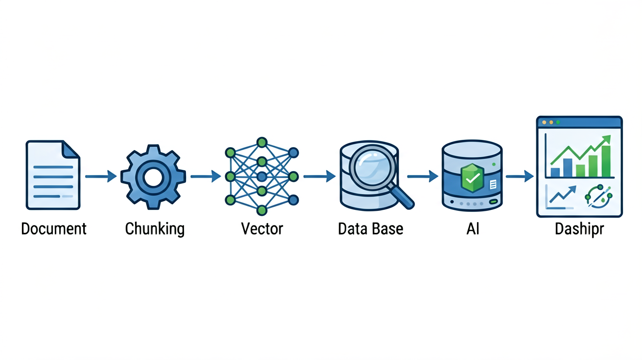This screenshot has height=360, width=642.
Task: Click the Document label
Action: [x=54, y=229]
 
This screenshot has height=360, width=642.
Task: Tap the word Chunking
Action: [x=155, y=229]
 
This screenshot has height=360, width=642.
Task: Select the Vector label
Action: [x=262, y=229]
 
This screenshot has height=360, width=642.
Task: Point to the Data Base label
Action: [x=370, y=229]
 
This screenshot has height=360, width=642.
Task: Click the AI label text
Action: [x=473, y=229]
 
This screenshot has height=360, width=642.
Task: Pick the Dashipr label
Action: [x=579, y=229]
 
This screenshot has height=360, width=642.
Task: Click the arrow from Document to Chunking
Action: [x=101, y=176]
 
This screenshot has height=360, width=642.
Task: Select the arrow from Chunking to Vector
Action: [x=206, y=176]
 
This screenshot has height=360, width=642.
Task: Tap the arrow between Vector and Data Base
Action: [x=319, y=176]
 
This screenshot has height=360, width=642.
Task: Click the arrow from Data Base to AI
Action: [x=422, y=176]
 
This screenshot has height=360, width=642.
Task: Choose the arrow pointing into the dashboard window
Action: [x=519, y=176]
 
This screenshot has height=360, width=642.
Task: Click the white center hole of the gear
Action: [x=153, y=178]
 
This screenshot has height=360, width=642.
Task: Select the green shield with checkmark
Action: [x=472, y=178]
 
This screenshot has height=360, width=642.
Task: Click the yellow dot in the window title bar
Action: [x=551, y=122]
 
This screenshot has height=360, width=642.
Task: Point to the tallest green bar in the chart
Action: [x=606, y=161]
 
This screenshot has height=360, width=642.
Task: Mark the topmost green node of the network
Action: [x=262, y=142]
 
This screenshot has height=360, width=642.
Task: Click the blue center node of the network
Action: [x=262, y=177]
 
